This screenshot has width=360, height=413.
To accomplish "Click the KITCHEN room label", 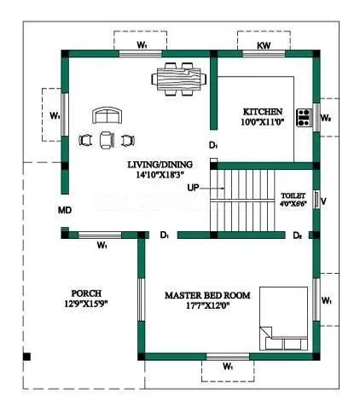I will point(263,112).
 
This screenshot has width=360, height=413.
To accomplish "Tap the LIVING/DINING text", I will point(160,165).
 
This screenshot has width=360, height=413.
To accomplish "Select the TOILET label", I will point(293,195).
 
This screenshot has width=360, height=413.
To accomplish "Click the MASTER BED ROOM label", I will point(207,296).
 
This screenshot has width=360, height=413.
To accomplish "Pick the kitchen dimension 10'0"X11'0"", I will point(263,124).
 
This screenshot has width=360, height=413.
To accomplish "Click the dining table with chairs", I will point(180,79).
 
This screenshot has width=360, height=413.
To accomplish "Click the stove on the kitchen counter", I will point(303,116).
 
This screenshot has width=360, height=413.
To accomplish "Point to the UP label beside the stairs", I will point(194,186).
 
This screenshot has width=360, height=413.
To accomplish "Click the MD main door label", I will point(65,209).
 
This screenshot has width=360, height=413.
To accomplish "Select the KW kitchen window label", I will point(264,44).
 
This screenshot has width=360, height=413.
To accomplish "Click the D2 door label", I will point(298,235).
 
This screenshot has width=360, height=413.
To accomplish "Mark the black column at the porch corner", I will point(28,356).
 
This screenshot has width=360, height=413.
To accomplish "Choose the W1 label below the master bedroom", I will point(228,366).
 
